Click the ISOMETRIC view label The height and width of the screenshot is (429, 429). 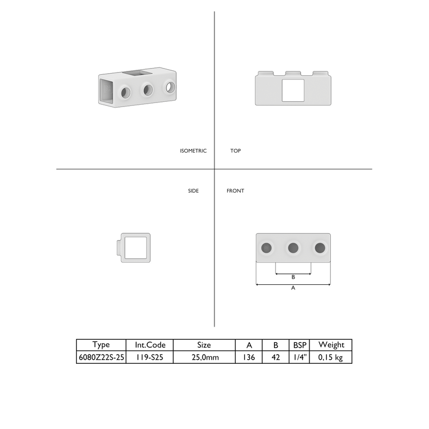tap(193, 151)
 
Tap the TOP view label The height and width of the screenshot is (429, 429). tap(236, 151)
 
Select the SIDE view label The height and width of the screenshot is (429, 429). tap(193, 191)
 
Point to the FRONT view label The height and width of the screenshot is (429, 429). tap(235, 191)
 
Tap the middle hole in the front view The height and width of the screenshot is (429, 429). tap(293, 248)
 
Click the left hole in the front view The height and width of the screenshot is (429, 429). tap(267, 248)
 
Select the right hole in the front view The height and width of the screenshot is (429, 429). tap(320, 248)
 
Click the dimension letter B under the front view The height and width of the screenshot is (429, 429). tap(293, 277)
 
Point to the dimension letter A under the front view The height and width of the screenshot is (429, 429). tap(293, 288)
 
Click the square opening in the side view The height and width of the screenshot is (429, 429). tap(136, 248)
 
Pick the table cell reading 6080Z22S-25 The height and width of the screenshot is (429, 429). tap(101, 357)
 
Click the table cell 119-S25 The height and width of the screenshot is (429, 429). tap(150, 357)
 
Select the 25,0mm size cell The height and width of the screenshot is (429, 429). tap(204, 357)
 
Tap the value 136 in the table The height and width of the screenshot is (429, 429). tap(249, 357)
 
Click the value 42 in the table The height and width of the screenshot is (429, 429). tap(276, 357)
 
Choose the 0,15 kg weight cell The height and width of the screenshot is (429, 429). tap(331, 357)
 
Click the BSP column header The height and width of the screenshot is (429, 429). tap(300, 345)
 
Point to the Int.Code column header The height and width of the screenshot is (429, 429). tap(150, 345)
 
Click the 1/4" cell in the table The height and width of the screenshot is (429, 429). tap(300, 357)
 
